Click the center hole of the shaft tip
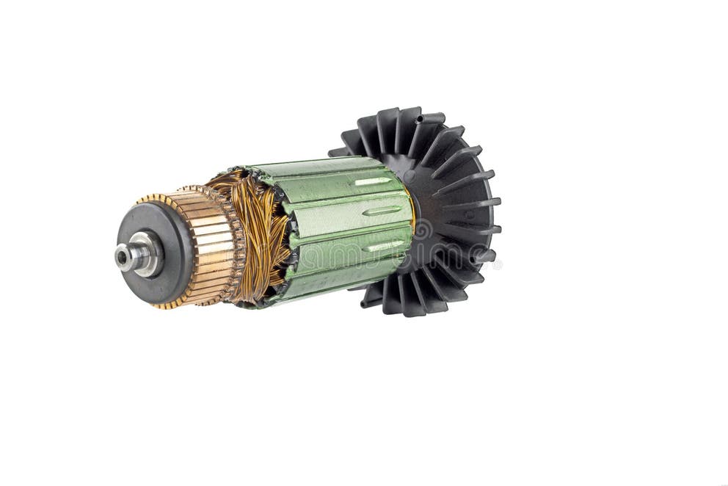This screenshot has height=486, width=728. point(120,256)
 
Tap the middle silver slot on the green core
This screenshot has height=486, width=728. point(382,211)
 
